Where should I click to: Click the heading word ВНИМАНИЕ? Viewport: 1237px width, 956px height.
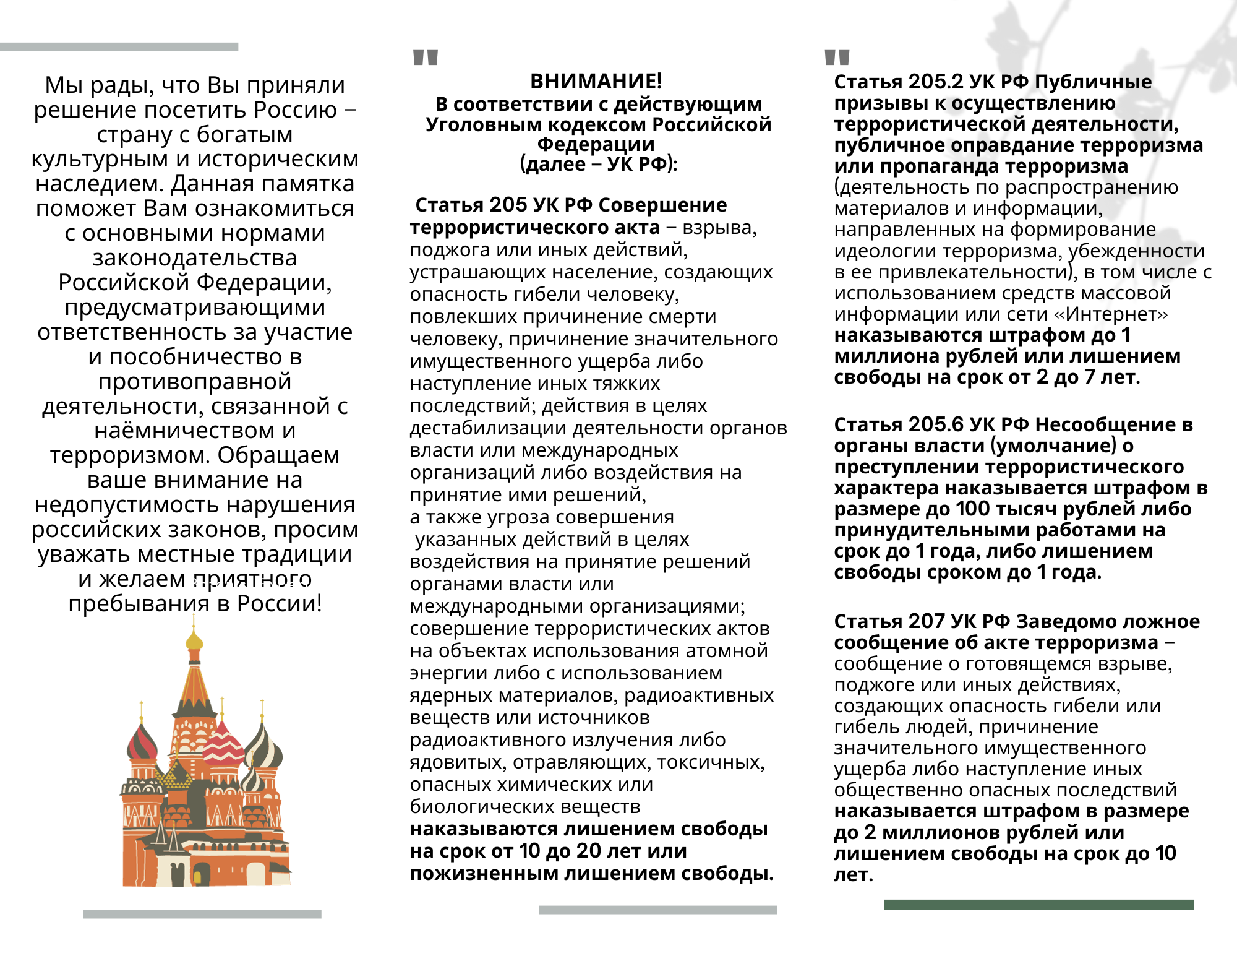tap(596, 81)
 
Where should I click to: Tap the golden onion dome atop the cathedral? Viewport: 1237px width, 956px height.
tap(194, 641)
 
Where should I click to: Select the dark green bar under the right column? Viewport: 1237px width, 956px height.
tap(1038, 905)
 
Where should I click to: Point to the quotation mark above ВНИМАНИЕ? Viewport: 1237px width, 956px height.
tap(426, 58)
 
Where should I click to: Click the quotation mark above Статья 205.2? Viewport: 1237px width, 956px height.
tap(837, 58)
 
